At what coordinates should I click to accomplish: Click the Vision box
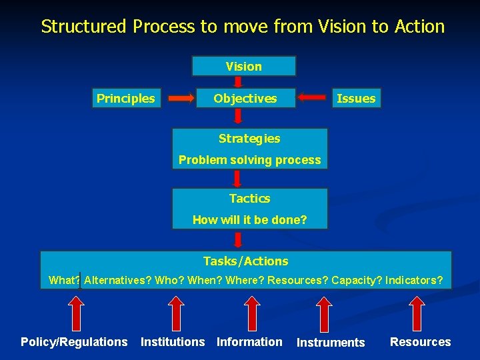coord(243,66)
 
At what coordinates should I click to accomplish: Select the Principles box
coord(125,99)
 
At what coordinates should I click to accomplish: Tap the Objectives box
coord(245,99)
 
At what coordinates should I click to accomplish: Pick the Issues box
coord(356,99)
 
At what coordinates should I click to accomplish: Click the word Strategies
coord(249,139)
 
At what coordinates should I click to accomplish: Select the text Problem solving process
coord(249,160)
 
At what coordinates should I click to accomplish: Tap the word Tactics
coord(249,199)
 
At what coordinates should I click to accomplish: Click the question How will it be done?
coord(249,219)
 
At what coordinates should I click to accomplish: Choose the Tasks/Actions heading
coord(245,261)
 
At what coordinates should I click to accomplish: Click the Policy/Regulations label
coord(74,342)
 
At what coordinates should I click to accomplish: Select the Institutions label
coord(173,342)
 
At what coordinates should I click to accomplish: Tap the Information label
coord(249,342)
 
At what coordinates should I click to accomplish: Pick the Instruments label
coord(331,343)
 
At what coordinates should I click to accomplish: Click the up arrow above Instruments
coord(325,311)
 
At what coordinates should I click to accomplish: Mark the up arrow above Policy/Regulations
coord(77,311)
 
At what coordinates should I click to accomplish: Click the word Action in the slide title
coord(419,27)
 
